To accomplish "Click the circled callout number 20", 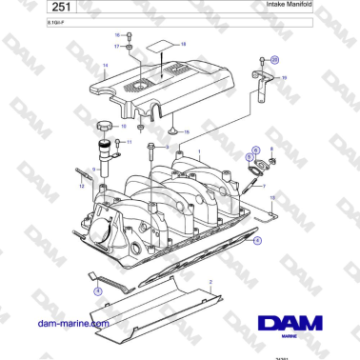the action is coord(276,59).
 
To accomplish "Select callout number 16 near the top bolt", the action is coord(118,35).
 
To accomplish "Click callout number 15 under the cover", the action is coord(187,131).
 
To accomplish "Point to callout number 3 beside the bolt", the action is coord(167,148).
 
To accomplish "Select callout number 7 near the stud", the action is coord(264,187).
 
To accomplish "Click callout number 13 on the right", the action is coord(272,198).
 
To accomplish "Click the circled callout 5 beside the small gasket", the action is coord(250,155).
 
